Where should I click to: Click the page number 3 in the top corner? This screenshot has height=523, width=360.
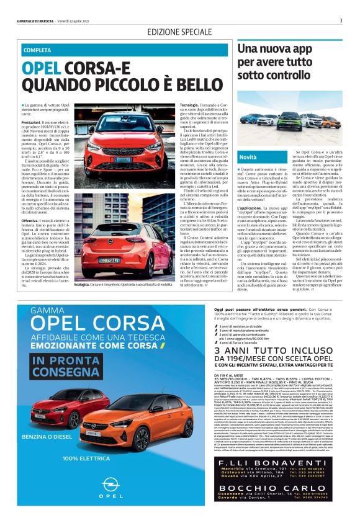pyautogui.click(x=341, y=20)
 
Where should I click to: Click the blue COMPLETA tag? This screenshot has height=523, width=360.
pyautogui.click(x=38, y=50)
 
